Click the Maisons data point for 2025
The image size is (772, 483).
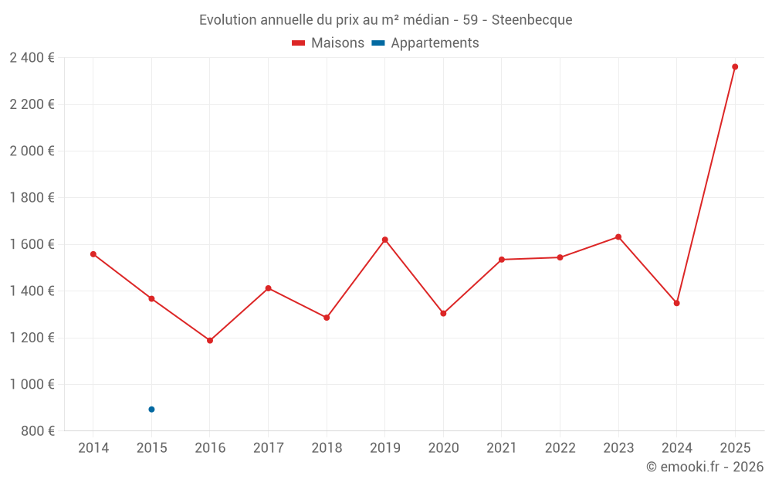tap(735, 66)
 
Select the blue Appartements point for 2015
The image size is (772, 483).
tap(151, 410)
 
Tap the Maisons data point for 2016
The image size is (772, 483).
tap(210, 340)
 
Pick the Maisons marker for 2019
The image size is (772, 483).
tap(384, 240)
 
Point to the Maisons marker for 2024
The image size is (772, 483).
tap(676, 303)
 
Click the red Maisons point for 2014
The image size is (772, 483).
tap(93, 254)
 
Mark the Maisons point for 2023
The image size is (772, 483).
tap(618, 236)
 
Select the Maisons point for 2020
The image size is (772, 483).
tap(443, 314)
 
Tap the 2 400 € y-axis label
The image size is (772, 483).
tap(32, 58)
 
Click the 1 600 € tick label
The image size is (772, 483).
tap(32, 244)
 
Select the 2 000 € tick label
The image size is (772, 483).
tap(32, 151)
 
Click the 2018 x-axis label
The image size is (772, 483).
tap(327, 448)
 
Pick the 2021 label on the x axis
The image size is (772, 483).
tap(502, 448)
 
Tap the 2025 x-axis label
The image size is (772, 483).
tap(735, 448)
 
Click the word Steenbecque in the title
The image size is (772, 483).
tap(532, 20)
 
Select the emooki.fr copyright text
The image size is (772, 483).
tap(705, 467)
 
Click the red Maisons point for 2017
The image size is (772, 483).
tap(268, 288)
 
